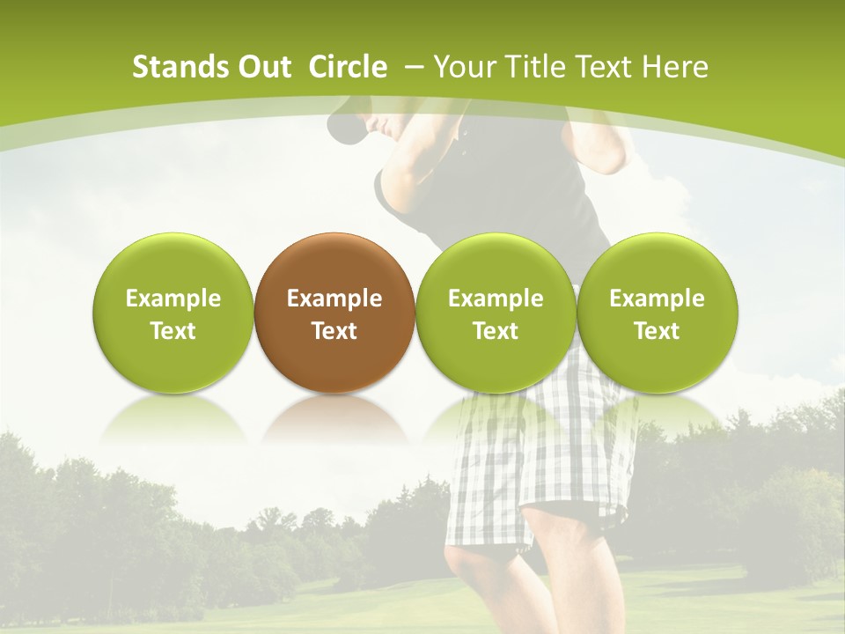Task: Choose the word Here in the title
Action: click(x=672, y=67)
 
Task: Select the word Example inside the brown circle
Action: click(x=334, y=299)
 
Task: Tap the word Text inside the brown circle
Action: click(x=334, y=331)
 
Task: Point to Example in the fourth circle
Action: click(x=657, y=299)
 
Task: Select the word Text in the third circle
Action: click(x=496, y=331)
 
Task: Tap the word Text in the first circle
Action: click(x=173, y=331)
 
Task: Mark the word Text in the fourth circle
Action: click(x=657, y=331)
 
